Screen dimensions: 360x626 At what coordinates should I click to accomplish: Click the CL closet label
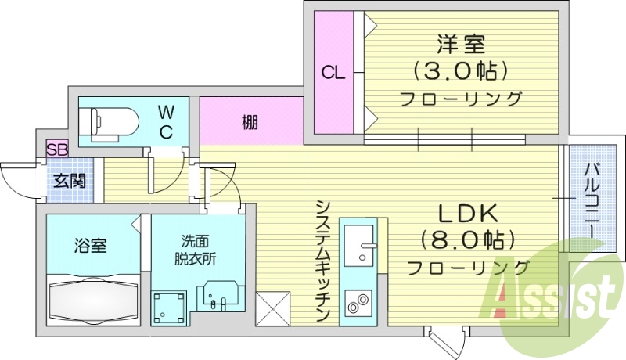pyautogui.click(x=333, y=74)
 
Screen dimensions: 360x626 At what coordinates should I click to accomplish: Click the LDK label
pyautogui.click(x=467, y=213)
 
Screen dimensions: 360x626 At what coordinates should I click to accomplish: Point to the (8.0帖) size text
pyautogui.click(x=468, y=239)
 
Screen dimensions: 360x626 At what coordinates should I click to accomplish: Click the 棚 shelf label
pyautogui.click(x=250, y=122)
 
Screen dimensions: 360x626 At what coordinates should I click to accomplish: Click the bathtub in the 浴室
pyautogui.click(x=92, y=301)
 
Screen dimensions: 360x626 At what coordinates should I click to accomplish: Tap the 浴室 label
pyautogui.click(x=91, y=246)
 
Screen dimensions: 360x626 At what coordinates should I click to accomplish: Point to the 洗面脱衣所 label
pyautogui.click(x=195, y=248)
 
